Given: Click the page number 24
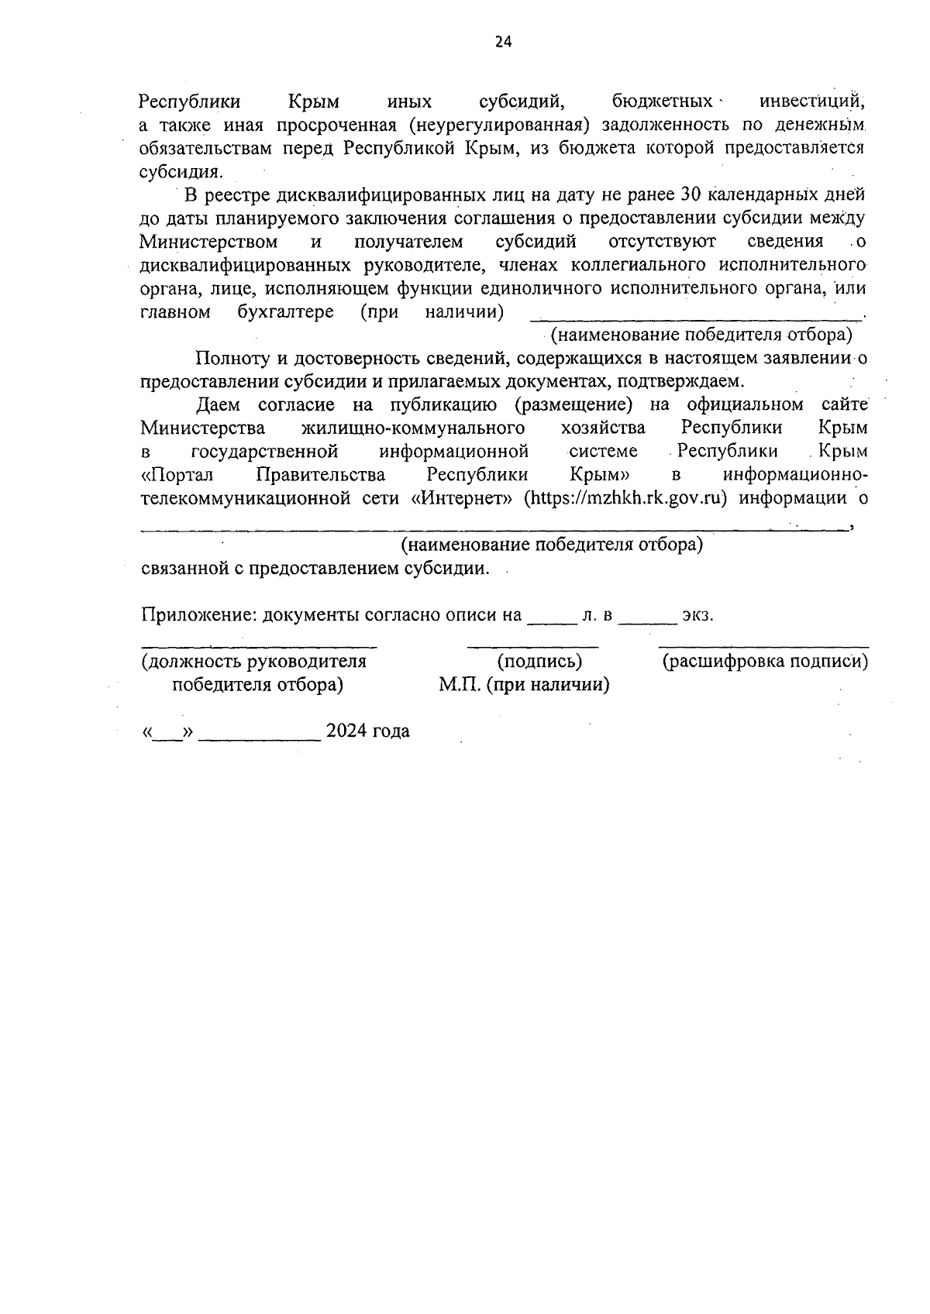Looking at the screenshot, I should [x=503, y=43].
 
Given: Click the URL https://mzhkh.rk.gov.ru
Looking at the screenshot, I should [x=625, y=497].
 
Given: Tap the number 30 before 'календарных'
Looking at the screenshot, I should [x=690, y=194].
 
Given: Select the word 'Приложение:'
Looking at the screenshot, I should [x=199, y=615].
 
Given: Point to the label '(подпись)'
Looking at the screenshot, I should [x=539, y=662].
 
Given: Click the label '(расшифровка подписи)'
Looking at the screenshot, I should [x=764, y=662].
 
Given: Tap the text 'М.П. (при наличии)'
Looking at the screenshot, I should [x=524, y=685].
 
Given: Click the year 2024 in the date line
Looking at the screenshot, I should [x=346, y=731].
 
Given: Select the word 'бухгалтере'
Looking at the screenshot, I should [x=286, y=311].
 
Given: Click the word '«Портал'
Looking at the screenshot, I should [x=177, y=474].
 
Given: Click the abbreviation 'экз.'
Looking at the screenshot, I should [x=697, y=615].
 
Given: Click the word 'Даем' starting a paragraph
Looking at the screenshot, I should [x=219, y=404].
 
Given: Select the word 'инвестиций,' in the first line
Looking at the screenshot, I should [x=811, y=101].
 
